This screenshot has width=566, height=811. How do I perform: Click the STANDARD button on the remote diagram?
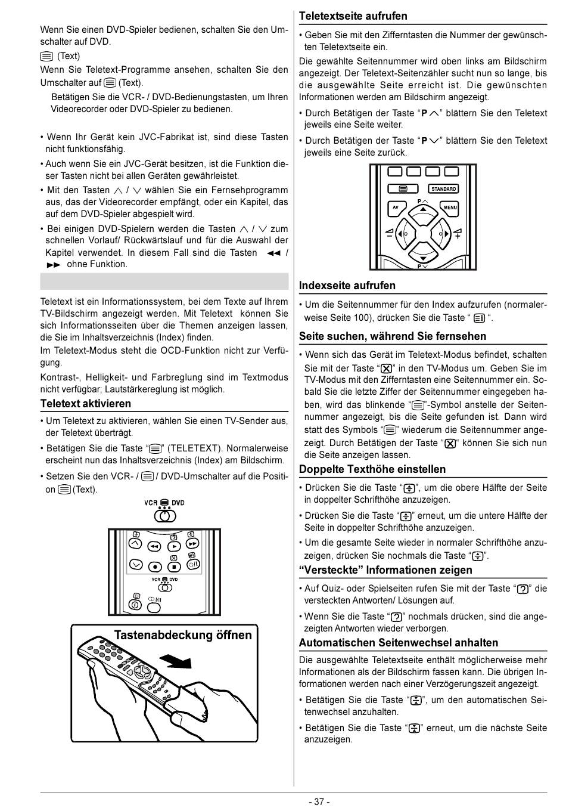443,189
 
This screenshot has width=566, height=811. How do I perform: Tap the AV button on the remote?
395,208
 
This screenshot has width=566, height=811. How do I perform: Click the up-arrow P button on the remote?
422,209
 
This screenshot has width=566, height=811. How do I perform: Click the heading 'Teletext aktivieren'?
86,404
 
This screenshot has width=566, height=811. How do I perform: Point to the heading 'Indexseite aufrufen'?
347,286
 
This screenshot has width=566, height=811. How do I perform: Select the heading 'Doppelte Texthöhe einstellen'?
372,469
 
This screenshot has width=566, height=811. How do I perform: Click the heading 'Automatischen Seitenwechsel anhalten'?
399,643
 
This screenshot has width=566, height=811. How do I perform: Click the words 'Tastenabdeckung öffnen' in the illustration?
183,635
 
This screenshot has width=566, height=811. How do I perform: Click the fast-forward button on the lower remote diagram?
192,544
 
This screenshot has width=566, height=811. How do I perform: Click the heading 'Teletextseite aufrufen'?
353,16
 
